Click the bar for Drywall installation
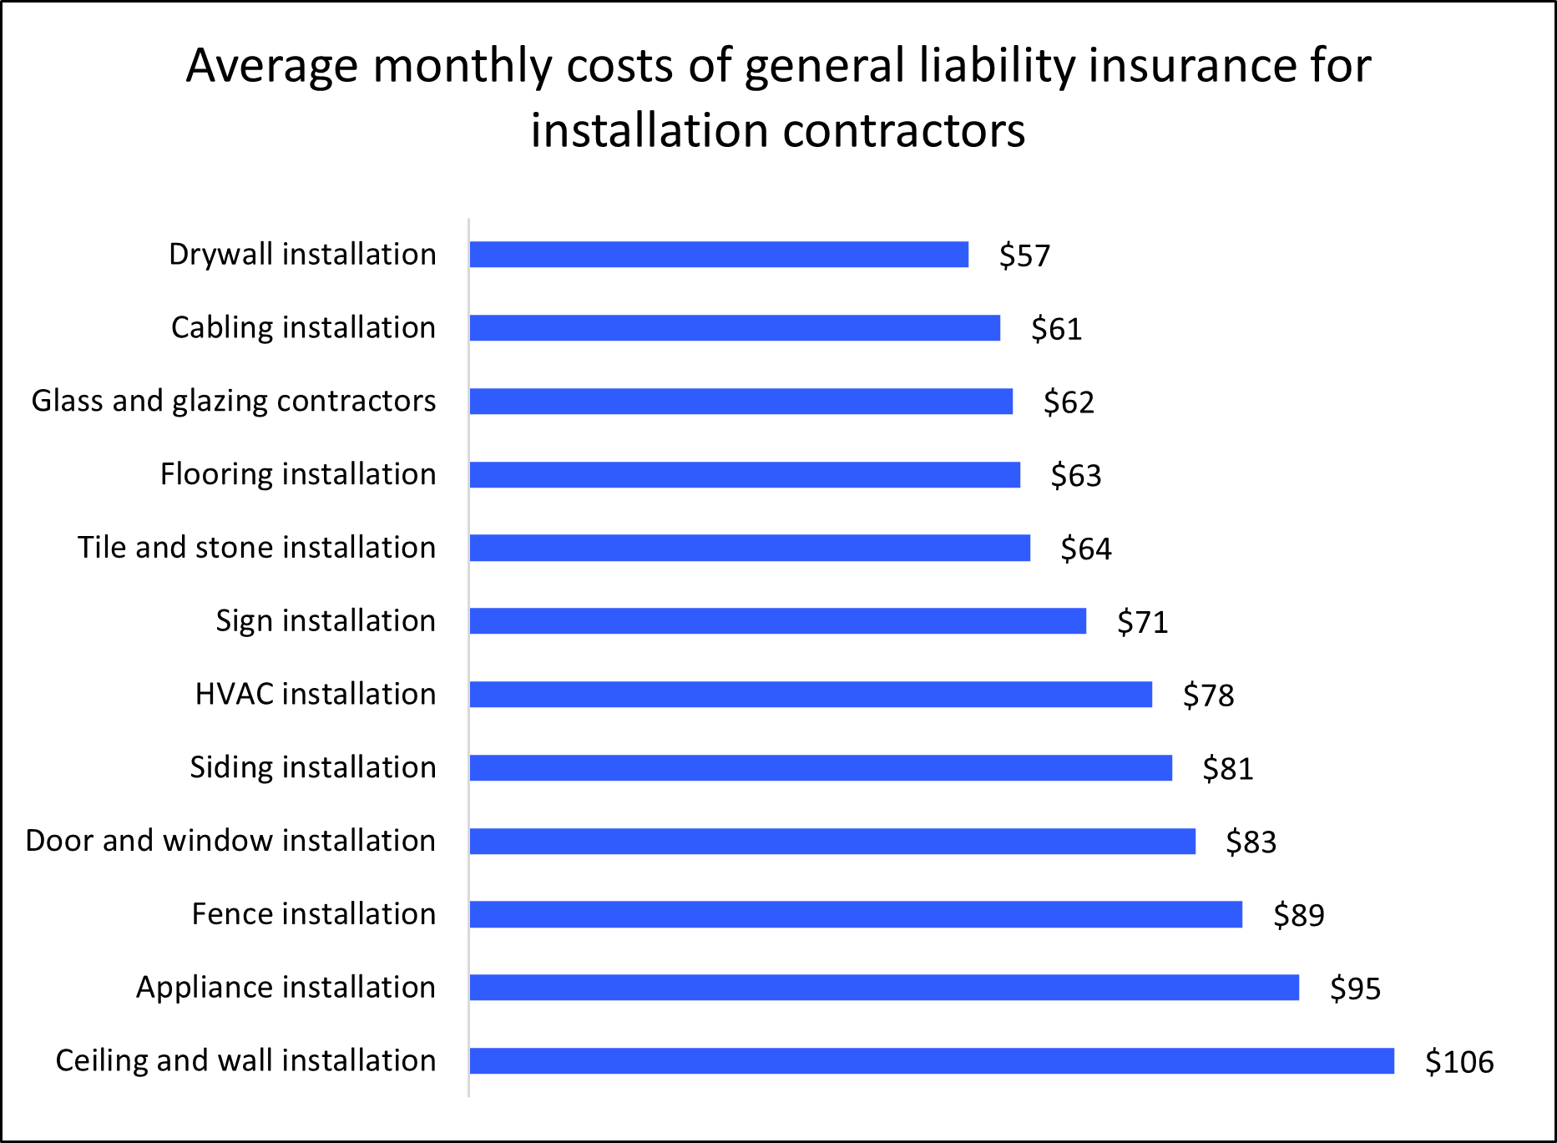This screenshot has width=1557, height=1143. [719, 255]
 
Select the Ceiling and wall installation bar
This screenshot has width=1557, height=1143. [932, 1061]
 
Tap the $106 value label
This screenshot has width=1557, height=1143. [1458, 1062]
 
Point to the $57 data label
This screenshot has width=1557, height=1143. [1024, 255]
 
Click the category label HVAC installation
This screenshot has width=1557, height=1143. [315, 694]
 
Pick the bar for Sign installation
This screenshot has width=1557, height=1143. [777, 621]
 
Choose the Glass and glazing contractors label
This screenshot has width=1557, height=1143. [234, 401]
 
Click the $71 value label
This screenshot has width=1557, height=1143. [1142, 622]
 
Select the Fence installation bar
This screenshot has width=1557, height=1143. [856, 914]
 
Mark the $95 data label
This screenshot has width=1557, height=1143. [1355, 989]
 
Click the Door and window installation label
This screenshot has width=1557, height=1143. [230, 841]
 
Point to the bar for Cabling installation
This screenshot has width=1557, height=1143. [735, 328]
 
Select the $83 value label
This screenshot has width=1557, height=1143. [1251, 842]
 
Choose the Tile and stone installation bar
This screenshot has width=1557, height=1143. [750, 548]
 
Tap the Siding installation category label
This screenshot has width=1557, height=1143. [312, 767]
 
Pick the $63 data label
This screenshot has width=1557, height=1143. [1075, 475]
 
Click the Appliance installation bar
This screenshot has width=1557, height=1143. [884, 988]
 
